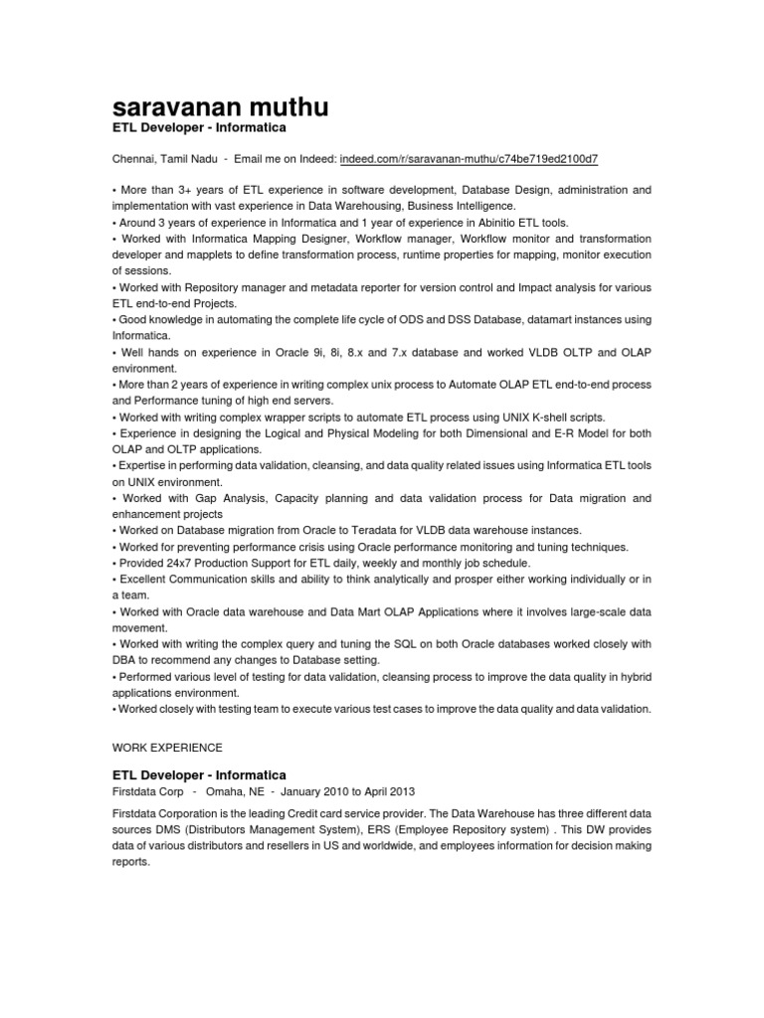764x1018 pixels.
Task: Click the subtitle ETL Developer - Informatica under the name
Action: pyautogui.click(x=199, y=128)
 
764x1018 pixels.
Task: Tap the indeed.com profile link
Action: pyautogui.click(x=469, y=159)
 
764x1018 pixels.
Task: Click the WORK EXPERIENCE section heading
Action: pyautogui.click(x=167, y=747)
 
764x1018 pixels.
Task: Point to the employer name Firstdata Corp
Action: pyautogui.click(x=147, y=792)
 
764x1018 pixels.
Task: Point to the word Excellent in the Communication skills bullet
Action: pyautogui.click(x=145, y=579)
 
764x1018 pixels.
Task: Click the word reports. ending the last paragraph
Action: pyautogui.click(x=130, y=862)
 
